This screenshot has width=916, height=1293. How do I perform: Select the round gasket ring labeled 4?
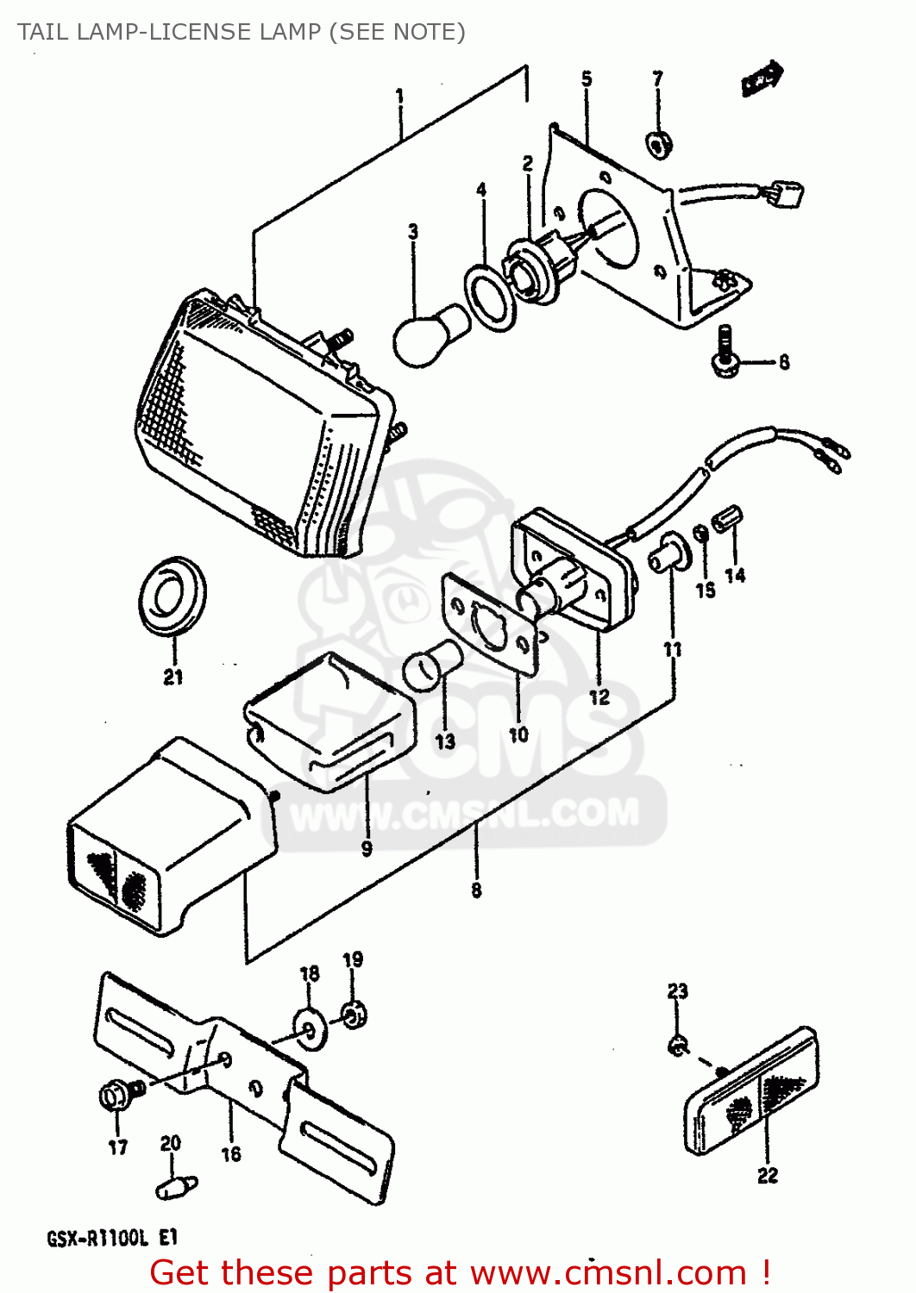pyautogui.click(x=490, y=297)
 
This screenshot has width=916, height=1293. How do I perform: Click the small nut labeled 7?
pyautogui.click(x=659, y=145)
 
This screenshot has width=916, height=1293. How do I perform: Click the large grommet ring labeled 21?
pyautogui.click(x=173, y=597)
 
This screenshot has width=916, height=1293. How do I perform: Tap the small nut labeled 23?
pyautogui.click(x=678, y=1046)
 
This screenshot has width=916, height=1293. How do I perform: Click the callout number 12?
pyautogui.click(x=599, y=696)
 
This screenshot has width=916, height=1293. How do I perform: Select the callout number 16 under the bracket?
pyautogui.click(x=231, y=1154)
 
